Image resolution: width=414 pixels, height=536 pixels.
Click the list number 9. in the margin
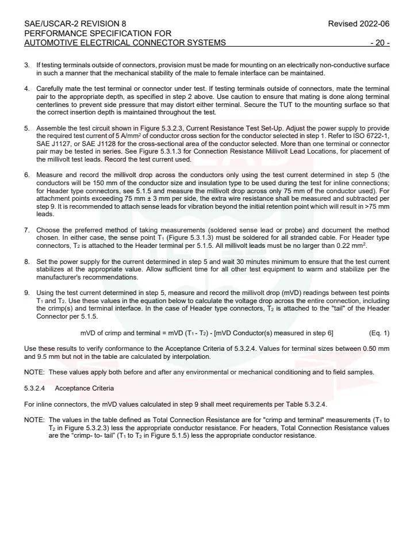26,293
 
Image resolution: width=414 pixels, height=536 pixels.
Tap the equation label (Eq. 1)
378,334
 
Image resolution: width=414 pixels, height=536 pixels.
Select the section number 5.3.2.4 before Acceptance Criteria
35,388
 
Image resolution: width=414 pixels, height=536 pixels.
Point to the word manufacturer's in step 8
53,277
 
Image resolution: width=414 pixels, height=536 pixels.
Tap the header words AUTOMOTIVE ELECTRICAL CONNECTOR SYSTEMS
125,43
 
